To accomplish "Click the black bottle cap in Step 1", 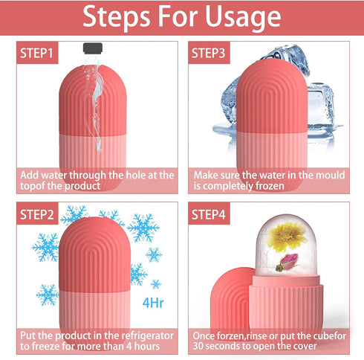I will pyautogui.click(x=91, y=48).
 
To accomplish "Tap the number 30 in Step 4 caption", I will pyautogui.click(x=201, y=347).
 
